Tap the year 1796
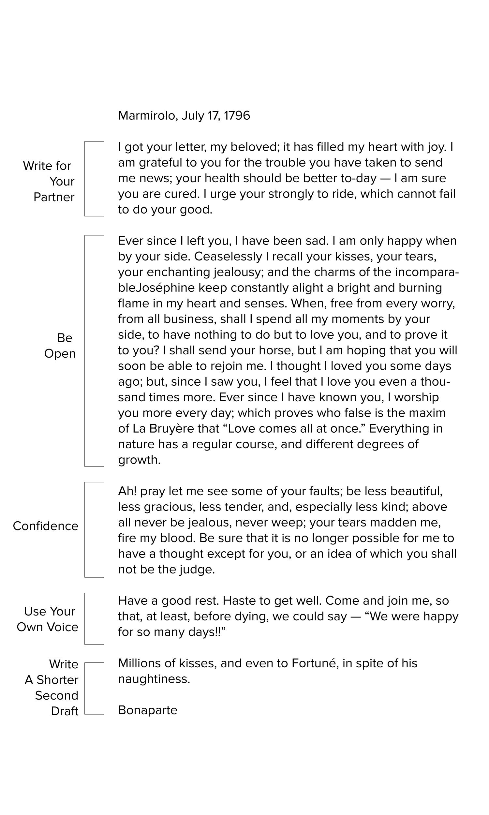237,116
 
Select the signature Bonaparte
148,710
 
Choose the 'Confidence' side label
45,526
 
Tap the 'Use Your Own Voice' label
48,619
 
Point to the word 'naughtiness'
154,679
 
